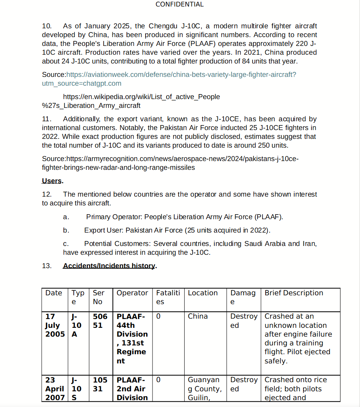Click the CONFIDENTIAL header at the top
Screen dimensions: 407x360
[x=180, y=5]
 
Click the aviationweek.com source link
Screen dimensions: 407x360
[x=181, y=75]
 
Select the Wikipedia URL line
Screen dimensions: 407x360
[x=141, y=97]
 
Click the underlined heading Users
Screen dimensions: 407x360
[x=52, y=181]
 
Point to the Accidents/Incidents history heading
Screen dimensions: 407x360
[x=109, y=266]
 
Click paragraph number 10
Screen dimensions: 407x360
[x=47, y=26]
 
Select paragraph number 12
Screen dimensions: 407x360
[x=47, y=194]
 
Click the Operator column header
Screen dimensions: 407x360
[x=132, y=293]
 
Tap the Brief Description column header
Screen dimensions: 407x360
[x=294, y=293]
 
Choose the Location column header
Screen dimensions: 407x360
[x=203, y=293]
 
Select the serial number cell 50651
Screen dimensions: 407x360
[x=100, y=321]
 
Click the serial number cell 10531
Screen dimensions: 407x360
[x=100, y=384]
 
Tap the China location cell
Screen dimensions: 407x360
[x=198, y=316]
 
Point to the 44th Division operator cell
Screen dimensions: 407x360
[x=132, y=339]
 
